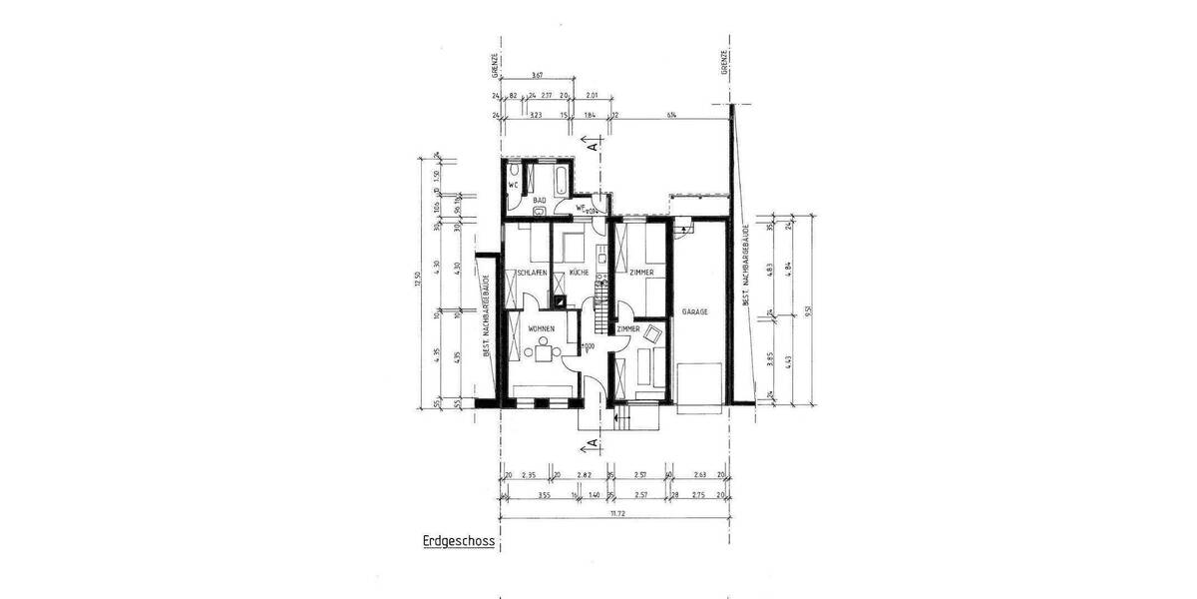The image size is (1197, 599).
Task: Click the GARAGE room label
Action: tap(695, 312)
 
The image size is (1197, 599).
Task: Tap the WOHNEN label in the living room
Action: tap(542, 328)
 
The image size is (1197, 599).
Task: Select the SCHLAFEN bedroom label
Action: tap(531, 273)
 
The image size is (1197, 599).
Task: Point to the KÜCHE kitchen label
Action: tap(580, 273)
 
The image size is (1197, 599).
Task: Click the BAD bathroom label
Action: tap(539, 201)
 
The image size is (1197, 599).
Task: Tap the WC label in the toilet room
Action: tap(513, 185)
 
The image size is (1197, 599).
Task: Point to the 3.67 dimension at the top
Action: tap(537, 76)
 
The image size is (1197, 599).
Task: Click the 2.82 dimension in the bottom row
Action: tap(586, 475)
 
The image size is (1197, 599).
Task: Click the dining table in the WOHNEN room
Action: tap(542, 349)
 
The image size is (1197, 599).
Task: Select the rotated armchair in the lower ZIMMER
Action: tap(653, 333)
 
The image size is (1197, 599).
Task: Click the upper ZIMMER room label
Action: tap(640, 273)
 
